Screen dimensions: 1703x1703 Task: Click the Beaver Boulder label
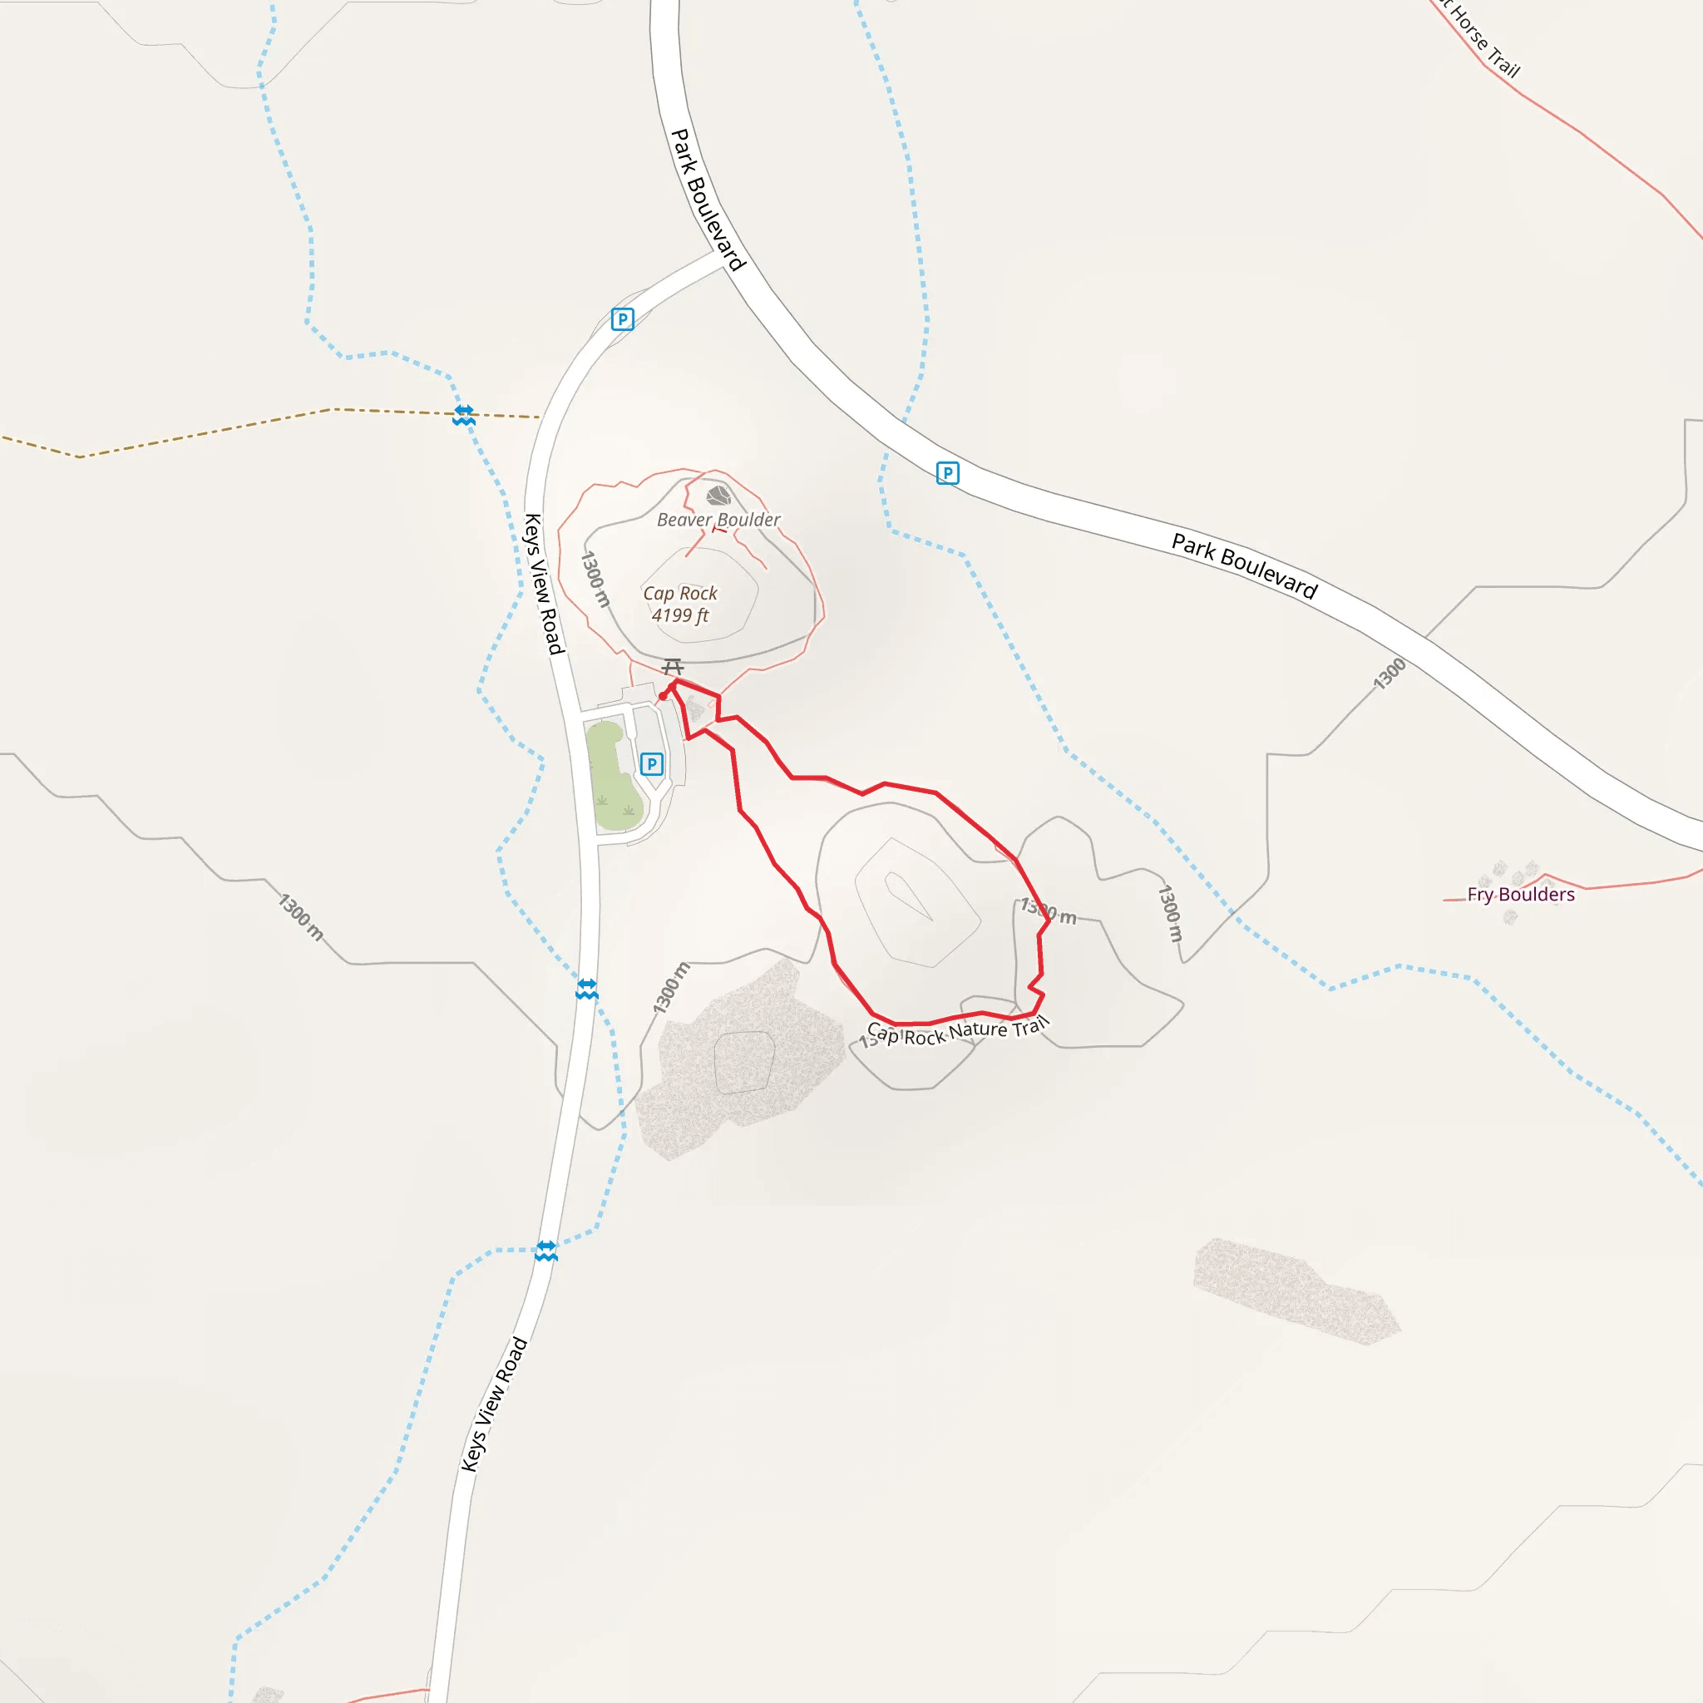(718, 520)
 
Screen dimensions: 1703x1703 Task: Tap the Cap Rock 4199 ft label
(679, 605)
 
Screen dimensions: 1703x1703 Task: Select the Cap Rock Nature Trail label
(958, 1030)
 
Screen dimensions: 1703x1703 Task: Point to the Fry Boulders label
(1521, 895)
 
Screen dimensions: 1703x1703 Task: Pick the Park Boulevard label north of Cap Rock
(708, 200)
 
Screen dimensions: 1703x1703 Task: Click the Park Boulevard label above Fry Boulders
(1244, 566)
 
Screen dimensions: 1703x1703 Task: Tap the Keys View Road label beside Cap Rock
(543, 584)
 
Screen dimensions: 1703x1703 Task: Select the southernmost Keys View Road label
(495, 1404)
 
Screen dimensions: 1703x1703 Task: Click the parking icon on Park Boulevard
(948, 473)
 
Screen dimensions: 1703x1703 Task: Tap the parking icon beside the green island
(651, 763)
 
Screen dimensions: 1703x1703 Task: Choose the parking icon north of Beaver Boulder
(622, 319)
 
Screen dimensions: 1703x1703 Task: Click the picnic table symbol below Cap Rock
(674, 666)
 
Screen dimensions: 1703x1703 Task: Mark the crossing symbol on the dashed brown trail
(465, 415)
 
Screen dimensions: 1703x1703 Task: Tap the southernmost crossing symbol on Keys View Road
(546, 1250)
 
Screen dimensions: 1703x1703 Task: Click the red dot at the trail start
(663, 696)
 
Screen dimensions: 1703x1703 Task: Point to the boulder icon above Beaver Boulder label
(719, 495)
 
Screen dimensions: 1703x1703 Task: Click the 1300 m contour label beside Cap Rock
(596, 579)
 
